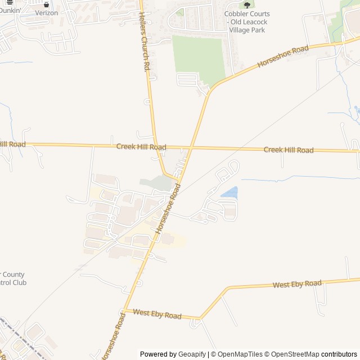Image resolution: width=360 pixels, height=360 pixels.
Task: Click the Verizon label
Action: pyautogui.click(x=46, y=13)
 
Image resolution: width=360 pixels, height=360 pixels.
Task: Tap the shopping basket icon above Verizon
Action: pyautogui.click(x=46, y=4)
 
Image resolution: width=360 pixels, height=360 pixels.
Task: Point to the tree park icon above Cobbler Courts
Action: pyautogui.click(x=247, y=5)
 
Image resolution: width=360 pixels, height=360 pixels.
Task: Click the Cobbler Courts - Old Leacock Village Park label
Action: pyautogui.click(x=247, y=22)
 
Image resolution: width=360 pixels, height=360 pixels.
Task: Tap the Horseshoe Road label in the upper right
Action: pyautogui.click(x=283, y=57)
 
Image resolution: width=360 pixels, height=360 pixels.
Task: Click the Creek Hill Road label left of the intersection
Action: pyautogui.click(x=141, y=147)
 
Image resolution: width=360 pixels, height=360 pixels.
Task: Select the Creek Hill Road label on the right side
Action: pyautogui.click(x=289, y=150)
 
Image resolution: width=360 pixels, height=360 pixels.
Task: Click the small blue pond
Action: pyautogui.click(x=229, y=193)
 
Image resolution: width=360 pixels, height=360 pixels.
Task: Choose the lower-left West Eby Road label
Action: pyautogui.click(x=157, y=314)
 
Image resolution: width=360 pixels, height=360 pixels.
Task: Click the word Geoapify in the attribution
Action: pyautogui.click(x=192, y=354)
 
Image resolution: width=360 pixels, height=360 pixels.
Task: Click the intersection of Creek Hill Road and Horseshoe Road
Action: pyautogui.click(x=190, y=148)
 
